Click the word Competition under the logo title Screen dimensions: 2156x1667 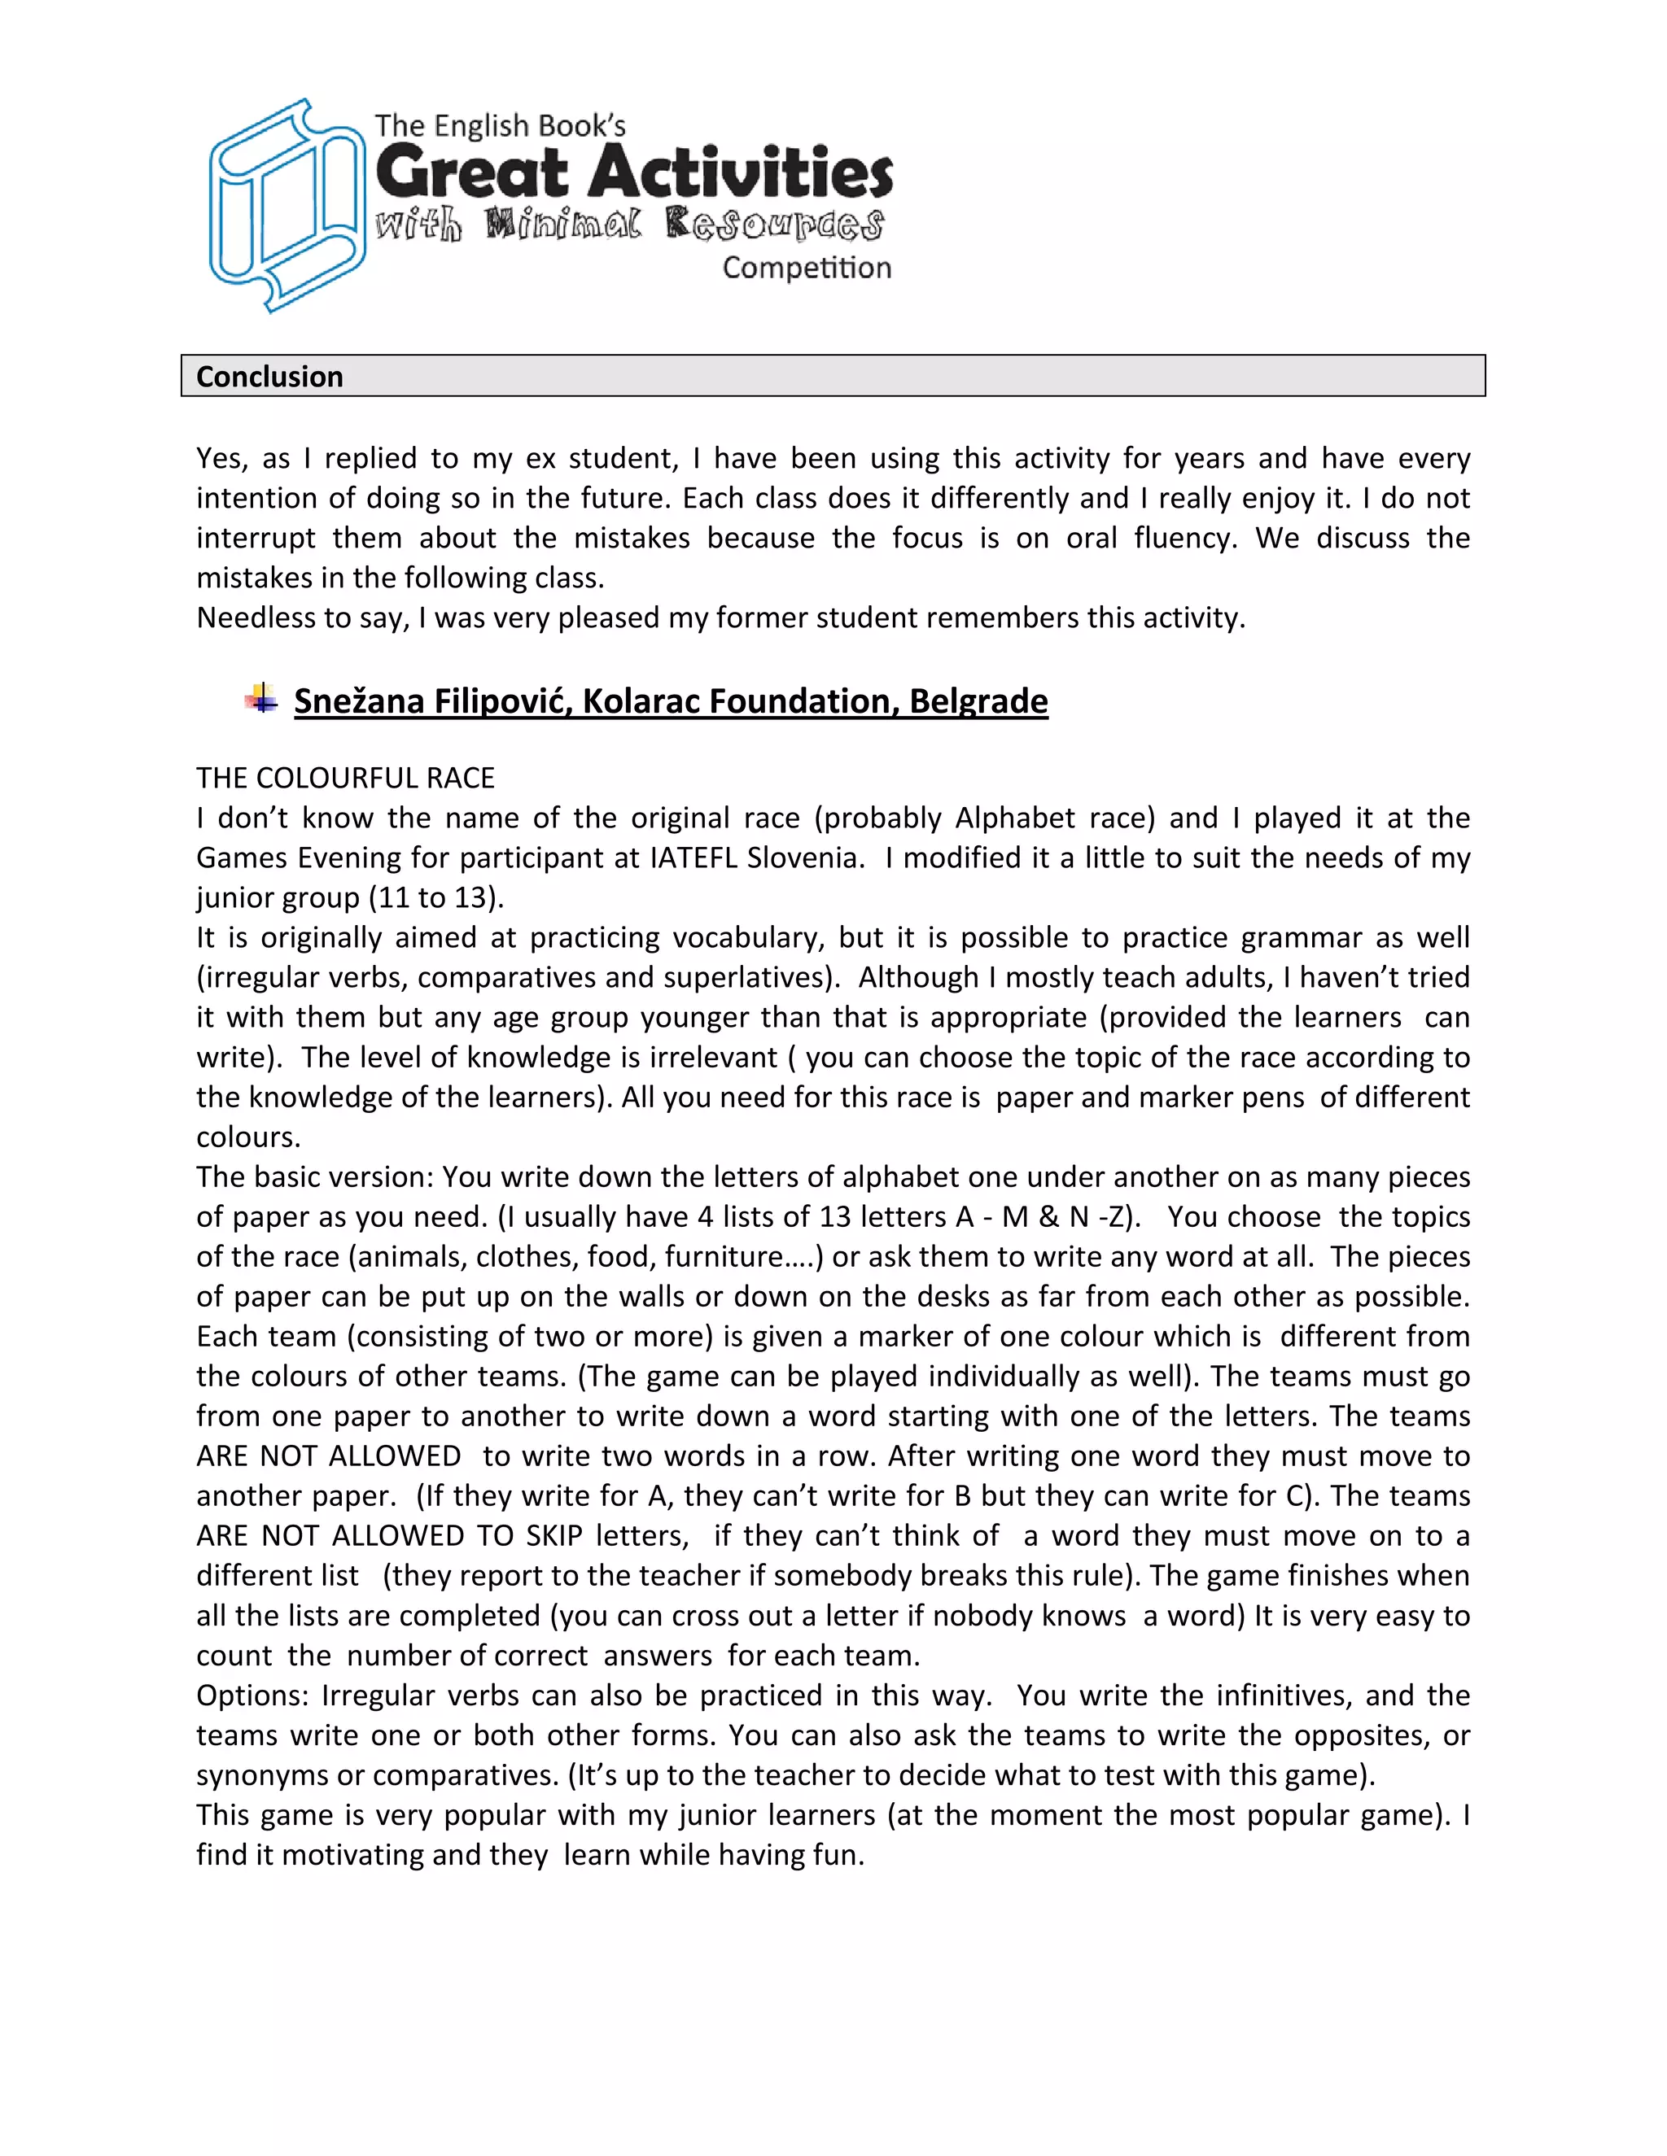point(806,268)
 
